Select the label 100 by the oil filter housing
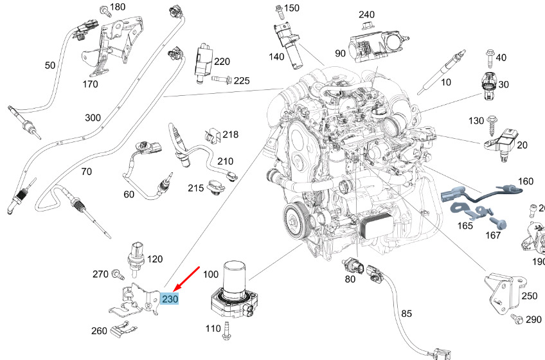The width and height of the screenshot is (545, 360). (211, 274)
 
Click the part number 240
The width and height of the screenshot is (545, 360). (366, 14)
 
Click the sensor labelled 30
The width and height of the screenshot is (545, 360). (488, 85)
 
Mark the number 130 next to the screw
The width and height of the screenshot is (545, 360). (476, 121)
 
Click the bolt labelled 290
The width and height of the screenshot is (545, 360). (514, 319)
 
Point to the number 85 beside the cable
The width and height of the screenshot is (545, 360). (406, 314)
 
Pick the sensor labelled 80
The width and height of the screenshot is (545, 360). (352, 264)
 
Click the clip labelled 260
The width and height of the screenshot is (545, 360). (122, 331)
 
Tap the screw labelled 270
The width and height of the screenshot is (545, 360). (118, 274)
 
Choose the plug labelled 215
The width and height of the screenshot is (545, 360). (216, 188)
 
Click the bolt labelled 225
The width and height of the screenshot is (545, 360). (220, 80)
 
